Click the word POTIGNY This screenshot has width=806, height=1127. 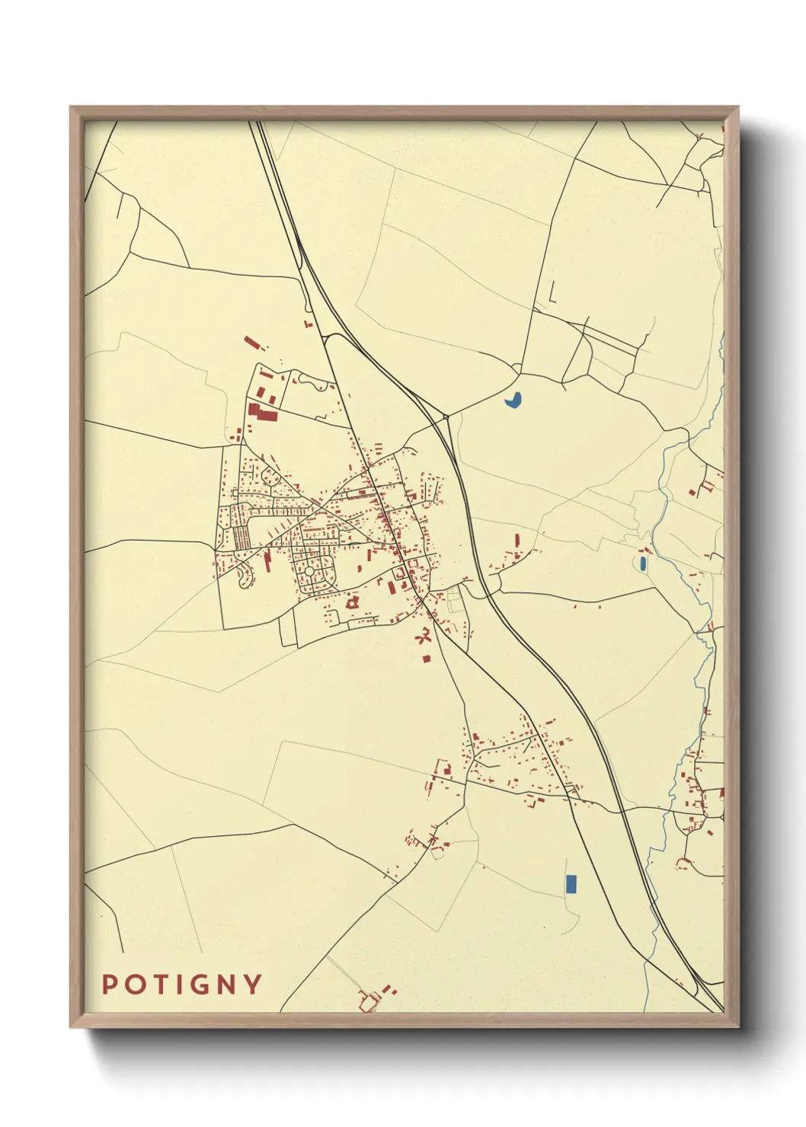point(182,985)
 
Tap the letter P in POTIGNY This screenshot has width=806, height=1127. point(109,985)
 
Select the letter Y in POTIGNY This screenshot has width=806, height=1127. point(254,985)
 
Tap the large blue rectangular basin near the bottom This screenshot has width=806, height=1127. point(571,884)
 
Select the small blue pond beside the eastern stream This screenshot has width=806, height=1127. point(643,563)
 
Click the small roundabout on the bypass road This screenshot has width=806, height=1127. point(446,417)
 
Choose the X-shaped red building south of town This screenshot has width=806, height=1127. point(424,636)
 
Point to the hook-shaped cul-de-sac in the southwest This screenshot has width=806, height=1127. point(245,579)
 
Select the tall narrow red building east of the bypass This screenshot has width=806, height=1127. point(517,540)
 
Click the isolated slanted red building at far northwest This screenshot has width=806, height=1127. point(252,342)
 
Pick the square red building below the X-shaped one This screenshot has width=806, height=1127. point(427,658)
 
